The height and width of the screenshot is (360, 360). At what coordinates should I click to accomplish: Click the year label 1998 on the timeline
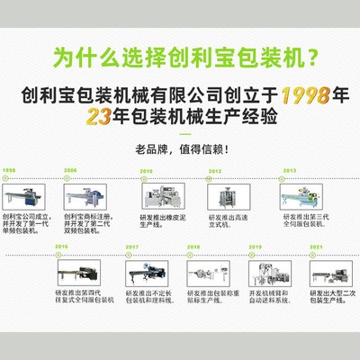9,170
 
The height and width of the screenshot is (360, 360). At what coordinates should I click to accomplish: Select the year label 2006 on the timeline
70,170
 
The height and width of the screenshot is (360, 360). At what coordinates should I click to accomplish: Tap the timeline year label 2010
146,170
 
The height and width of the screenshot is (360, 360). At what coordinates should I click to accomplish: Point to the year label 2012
215,170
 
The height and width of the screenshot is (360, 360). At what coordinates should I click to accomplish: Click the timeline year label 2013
289,170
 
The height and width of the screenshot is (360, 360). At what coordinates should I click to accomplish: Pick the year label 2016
62,246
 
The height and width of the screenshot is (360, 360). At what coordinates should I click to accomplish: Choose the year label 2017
132,246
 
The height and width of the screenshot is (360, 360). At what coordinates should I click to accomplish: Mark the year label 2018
194,246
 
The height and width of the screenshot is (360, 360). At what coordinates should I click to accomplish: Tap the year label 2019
256,246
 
